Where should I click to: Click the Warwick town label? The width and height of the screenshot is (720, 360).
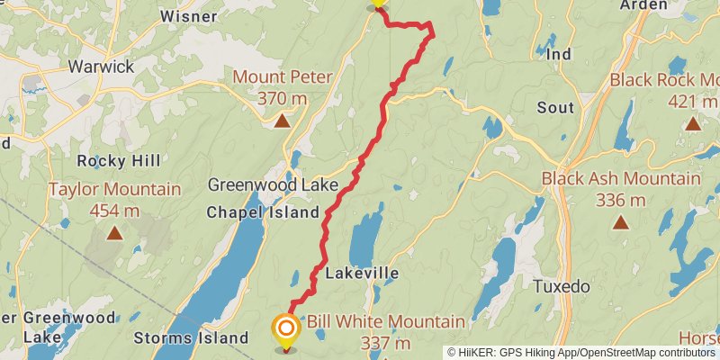[x=100, y=67]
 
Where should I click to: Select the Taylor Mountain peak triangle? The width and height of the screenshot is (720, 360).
[x=114, y=234]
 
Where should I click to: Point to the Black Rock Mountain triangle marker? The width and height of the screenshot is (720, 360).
[x=692, y=123]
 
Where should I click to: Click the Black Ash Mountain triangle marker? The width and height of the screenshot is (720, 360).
[x=621, y=221]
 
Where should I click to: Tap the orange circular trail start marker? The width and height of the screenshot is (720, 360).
[x=286, y=328]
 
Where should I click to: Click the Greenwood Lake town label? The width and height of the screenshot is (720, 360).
[x=273, y=185]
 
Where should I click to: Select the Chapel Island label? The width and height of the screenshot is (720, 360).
[x=263, y=212]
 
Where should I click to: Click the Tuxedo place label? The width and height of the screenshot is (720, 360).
[x=561, y=287]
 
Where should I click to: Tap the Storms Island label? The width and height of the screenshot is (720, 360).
[x=190, y=338]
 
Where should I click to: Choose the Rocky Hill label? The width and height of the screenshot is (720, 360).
[x=119, y=161]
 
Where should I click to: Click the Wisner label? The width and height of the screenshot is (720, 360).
[x=188, y=16]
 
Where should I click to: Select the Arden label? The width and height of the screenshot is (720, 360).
[x=644, y=5]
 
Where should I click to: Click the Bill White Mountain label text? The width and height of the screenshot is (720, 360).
[x=386, y=321]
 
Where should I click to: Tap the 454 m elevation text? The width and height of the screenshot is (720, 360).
[x=114, y=211]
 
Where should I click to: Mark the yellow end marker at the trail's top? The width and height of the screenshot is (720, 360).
[x=378, y=4]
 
